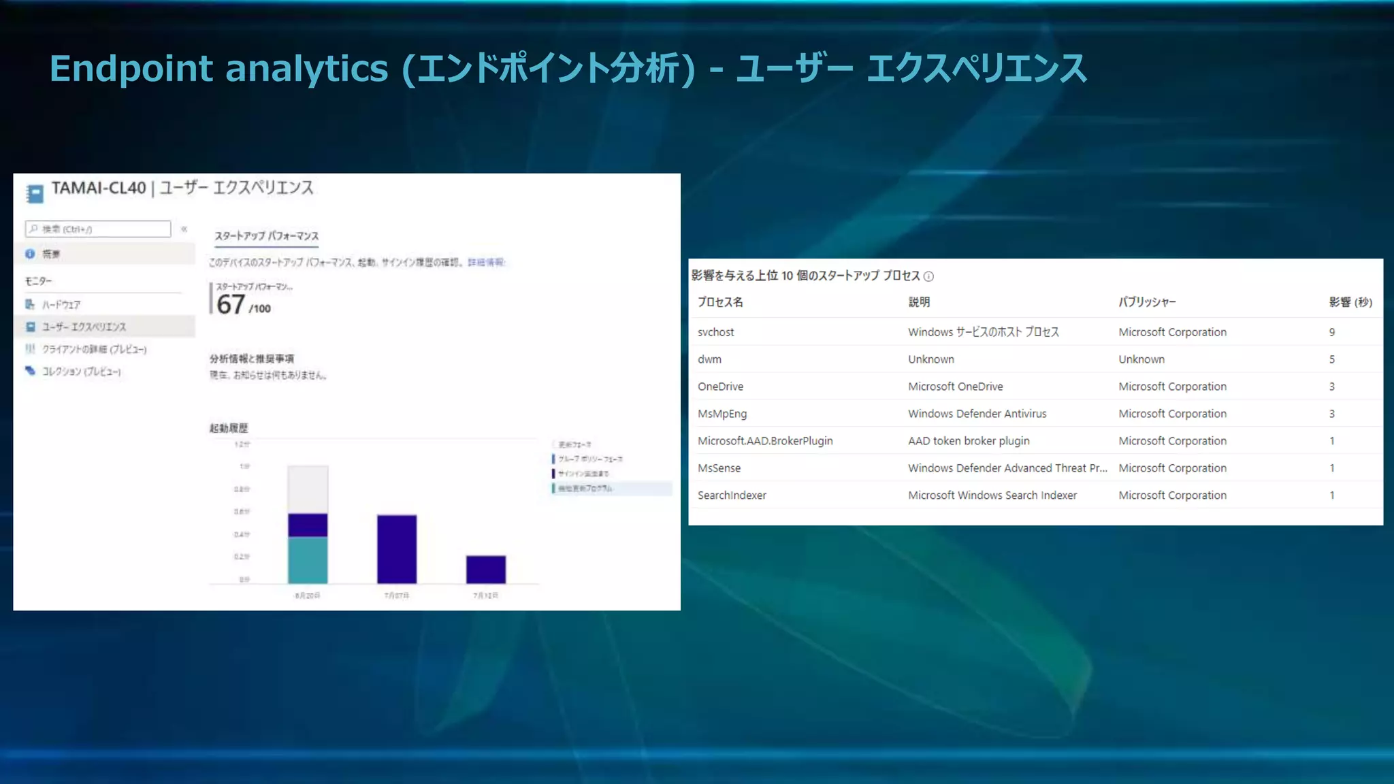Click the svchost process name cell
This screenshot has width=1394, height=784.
(715, 332)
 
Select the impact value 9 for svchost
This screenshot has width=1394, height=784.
(1331, 332)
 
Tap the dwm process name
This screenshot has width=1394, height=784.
(709, 359)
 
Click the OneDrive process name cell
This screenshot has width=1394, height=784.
(720, 387)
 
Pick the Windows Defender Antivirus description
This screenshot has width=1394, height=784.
(977, 414)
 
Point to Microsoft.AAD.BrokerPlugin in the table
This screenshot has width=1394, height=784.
(765, 441)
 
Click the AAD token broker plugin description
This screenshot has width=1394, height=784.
(969, 441)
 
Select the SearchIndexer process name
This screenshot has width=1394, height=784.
(732, 495)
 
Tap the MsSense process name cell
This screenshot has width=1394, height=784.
(719, 468)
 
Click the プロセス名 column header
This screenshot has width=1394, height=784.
(720, 302)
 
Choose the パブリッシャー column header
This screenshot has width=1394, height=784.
(1147, 302)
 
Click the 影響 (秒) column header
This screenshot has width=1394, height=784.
(1350, 302)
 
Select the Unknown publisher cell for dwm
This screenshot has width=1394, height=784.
(1141, 359)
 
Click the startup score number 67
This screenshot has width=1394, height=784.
(231, 305)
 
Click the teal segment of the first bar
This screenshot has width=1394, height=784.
(308, 559)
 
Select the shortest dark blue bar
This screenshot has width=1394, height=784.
(485, 570)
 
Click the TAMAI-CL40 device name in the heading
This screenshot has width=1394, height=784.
(99, 189)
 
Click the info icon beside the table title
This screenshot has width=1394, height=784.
(928, 276)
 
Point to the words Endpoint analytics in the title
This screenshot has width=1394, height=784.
(218, 69)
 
